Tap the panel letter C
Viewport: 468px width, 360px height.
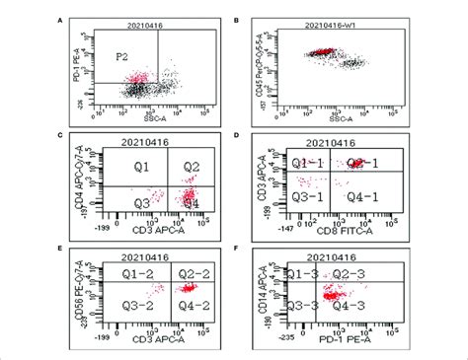tap(62, 134)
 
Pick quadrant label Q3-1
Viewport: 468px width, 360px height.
tap(304, 196)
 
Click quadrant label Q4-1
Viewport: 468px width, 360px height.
tap(364, 196)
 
